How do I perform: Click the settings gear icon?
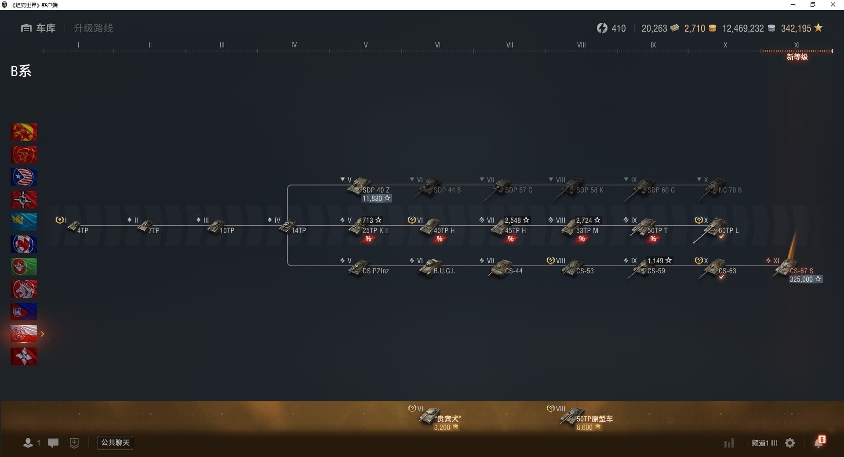click(x=790, y=443)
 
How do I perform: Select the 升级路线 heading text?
click(x=93, y=28)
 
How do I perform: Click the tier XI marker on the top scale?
click(x=797, y=45)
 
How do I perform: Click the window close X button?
click(x=833, y=5)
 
